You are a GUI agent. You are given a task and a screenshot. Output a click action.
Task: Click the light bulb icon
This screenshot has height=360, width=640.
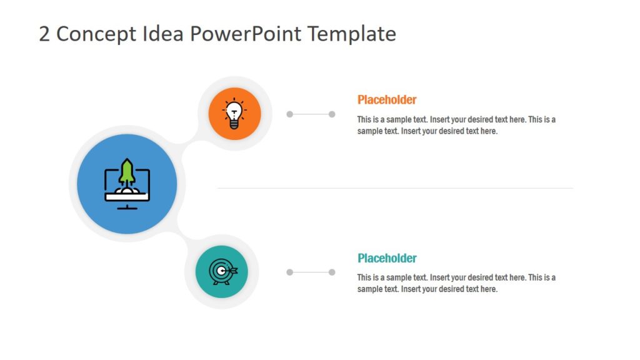[234, 114]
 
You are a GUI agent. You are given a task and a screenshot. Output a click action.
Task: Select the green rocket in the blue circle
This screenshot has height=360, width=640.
[127, 171]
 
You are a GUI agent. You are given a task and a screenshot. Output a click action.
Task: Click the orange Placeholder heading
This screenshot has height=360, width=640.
[387, 99]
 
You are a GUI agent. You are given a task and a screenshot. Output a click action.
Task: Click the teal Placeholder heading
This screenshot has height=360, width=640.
[387, 258]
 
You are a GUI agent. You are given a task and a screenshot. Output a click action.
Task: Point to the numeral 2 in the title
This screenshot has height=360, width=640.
[44, 34]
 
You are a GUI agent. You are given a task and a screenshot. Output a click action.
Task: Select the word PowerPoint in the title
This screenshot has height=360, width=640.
[245, 34]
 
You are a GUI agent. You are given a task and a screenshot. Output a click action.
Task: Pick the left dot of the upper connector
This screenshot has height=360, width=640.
[289, 114]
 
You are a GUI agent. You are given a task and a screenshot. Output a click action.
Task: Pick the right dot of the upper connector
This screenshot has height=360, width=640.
[332, 114]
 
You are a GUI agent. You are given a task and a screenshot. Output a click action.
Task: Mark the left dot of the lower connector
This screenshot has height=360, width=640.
[289, 272]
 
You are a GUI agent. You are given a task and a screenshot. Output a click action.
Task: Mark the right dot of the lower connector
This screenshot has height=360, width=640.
[332, 272]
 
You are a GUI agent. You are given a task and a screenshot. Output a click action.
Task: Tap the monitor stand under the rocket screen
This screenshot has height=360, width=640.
[127, 206]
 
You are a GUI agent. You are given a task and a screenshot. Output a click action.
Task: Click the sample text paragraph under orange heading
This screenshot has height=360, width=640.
[456, 125]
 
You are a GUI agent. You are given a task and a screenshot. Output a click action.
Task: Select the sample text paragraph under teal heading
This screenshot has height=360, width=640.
[456, 283]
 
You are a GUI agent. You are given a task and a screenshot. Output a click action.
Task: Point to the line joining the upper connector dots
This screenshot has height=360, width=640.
[311, 114]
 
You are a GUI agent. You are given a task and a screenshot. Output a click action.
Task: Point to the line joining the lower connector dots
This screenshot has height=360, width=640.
[311, 272]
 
